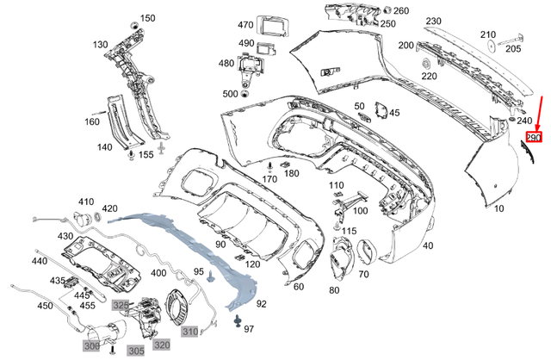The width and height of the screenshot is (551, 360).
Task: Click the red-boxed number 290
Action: coord(533,137)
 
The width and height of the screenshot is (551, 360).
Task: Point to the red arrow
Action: coord(538,112)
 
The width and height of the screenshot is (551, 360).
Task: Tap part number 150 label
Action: coord(148,18)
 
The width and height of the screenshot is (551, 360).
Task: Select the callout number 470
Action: coord(246,25)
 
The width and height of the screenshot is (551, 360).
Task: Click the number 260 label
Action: coord(401,10)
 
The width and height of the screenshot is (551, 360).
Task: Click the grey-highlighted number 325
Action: coord(121,306)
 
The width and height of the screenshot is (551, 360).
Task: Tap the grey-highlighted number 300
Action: coord(91,345)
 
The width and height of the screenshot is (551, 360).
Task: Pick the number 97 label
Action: coord(249,330)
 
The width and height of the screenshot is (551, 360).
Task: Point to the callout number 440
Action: coord(40,261)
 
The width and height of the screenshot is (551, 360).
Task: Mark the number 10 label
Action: coord(499,208)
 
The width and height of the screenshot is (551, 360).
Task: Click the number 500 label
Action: coord(230,94)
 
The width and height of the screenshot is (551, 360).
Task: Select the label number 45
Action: coord(394,113)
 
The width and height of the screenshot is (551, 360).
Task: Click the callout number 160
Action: coord(92,121)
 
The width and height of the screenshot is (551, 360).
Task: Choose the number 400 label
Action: coord(158,273)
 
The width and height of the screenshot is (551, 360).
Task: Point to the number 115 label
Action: coord(349,232)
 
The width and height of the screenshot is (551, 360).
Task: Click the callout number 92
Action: coord(261,303)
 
